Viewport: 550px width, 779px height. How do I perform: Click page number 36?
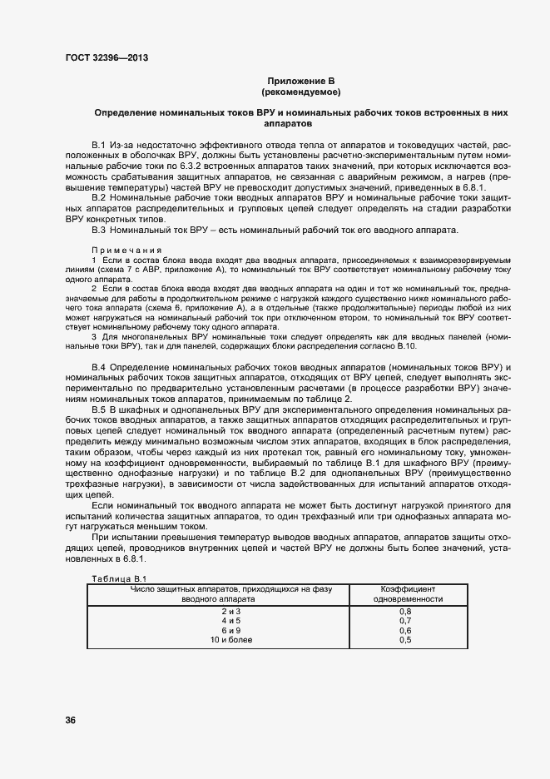click(70, 720)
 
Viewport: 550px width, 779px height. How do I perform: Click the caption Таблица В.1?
click(117, 578)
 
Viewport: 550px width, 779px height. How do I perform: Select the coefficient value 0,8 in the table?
click(405, 611)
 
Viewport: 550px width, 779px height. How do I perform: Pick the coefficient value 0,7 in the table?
click(405, 621)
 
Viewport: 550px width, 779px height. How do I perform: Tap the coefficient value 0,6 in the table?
click(405, 630)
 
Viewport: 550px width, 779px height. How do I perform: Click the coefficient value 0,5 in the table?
click(405, 640)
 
